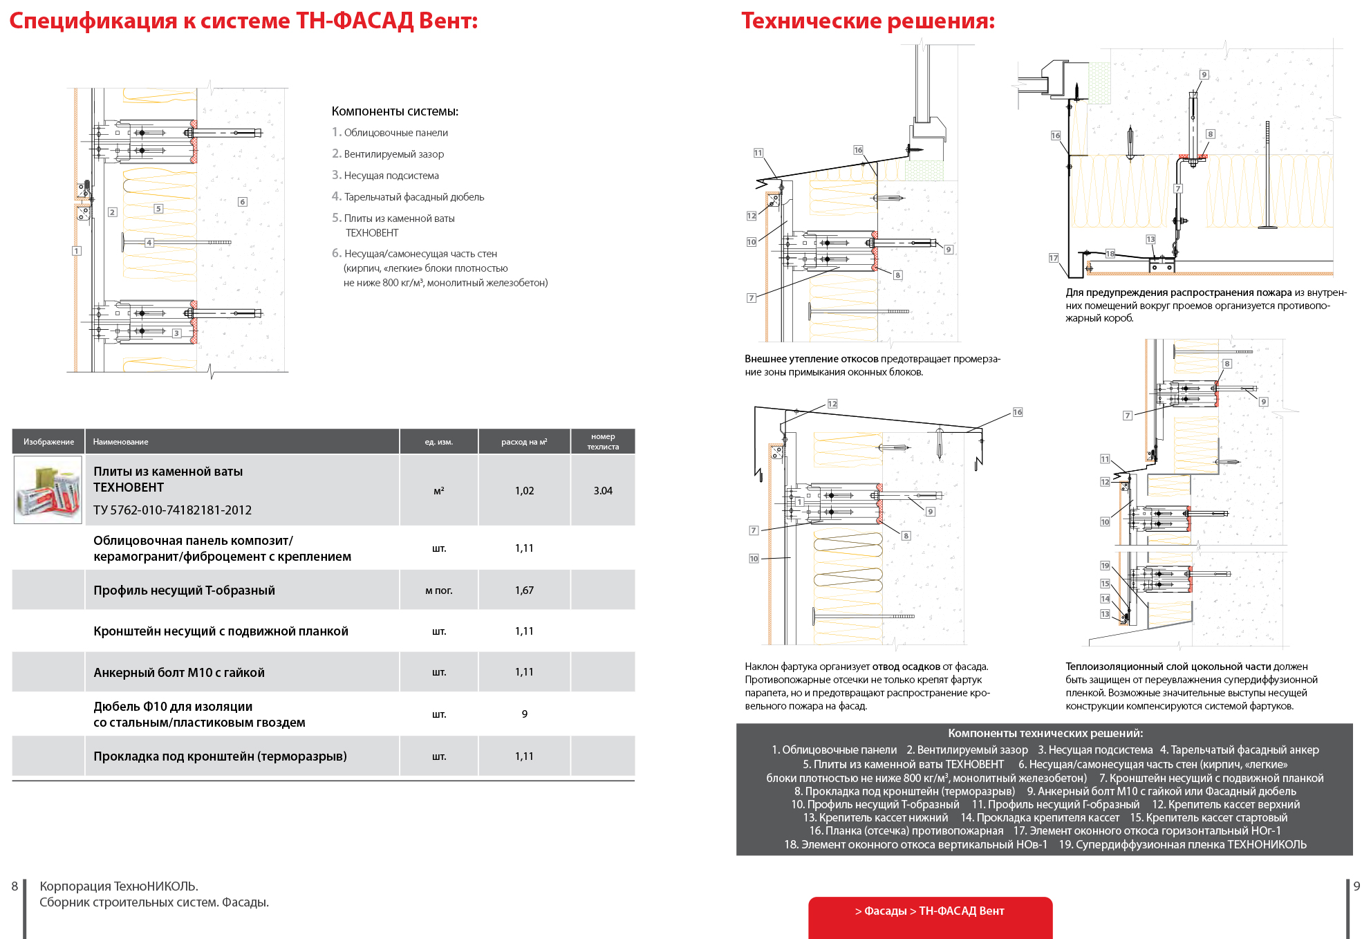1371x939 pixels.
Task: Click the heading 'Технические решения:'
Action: point(868,21)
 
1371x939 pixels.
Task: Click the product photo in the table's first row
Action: point(48,490)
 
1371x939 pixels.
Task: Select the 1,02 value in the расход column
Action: point(524,491)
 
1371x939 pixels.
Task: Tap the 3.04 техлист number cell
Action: point(603,491)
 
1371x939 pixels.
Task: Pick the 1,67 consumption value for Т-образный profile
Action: point(524,591)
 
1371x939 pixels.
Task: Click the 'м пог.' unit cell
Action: point(439,591)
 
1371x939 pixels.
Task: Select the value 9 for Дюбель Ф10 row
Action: point(525,714)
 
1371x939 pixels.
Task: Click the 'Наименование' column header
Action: point(120,442)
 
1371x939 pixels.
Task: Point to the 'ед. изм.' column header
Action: point(439,442)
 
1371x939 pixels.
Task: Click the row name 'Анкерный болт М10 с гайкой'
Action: point(179,673)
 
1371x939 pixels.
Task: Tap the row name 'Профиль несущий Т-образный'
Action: point(184,591)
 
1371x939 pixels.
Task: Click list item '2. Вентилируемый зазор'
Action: point(388,154)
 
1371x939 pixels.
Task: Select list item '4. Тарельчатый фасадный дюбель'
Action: point(408,197)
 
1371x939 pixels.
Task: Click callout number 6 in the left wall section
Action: point(243,202)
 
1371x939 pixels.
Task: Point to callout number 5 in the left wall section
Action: point(158,209)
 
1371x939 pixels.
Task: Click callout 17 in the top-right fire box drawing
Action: point(1054,258)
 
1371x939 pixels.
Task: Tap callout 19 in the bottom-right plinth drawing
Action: point(1105,566)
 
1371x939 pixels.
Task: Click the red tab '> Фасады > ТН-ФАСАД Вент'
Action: point(930,911)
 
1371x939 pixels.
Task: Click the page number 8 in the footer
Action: point(15,886)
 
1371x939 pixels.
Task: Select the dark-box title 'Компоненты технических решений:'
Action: point(1045,734)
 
